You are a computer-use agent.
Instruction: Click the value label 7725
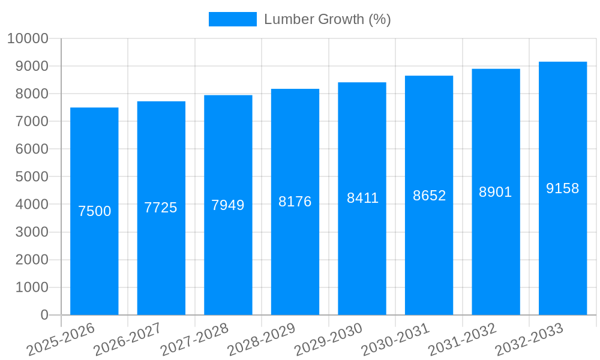(161, 208)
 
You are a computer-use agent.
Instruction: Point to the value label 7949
(228, 205)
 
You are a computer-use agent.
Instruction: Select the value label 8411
(362, 198)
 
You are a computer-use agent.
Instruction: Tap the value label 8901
(496, 192)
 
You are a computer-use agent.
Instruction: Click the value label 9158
(563, 188)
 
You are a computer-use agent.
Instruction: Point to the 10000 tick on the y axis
(28, 39)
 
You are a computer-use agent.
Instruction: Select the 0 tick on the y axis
(44, 315)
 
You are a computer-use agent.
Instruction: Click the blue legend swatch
(232, 19)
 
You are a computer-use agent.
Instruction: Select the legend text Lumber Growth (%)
(328, 19)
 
